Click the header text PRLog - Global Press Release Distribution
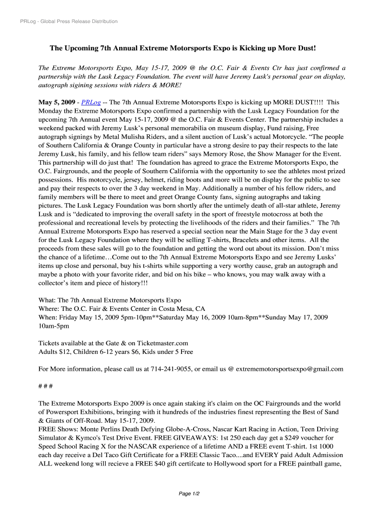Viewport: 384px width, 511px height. pos(69,21)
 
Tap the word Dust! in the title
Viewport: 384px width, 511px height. pos(306,48)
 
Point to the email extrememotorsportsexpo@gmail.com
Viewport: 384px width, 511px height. pos(289,369)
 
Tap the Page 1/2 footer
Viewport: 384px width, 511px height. pos(190,494)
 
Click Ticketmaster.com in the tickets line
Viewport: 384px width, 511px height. pos(163,343)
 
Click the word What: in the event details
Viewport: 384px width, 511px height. pos(47,300)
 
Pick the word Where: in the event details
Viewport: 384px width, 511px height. pos(50,309)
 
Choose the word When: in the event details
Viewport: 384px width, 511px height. pos(49,317)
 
